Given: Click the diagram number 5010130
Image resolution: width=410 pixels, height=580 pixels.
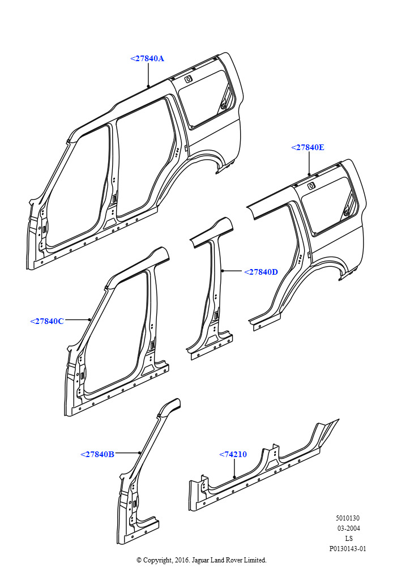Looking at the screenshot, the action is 348,518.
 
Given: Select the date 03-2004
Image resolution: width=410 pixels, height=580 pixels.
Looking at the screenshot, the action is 348,528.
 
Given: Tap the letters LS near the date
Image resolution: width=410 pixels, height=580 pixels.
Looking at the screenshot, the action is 349,538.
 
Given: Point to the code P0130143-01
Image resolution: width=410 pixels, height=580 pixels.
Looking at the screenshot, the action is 348,548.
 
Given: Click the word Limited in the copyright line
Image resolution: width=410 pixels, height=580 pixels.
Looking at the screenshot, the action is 255,560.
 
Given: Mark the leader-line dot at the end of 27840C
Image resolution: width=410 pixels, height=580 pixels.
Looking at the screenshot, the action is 89,319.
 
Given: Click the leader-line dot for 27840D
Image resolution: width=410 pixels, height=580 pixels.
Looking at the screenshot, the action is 223,271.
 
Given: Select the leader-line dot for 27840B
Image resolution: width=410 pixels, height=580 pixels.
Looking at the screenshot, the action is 139,453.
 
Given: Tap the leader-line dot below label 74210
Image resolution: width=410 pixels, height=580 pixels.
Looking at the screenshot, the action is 235,477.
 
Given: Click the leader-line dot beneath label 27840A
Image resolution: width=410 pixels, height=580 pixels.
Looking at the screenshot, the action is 148,87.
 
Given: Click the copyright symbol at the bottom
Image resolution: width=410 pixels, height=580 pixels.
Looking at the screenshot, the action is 139,560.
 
